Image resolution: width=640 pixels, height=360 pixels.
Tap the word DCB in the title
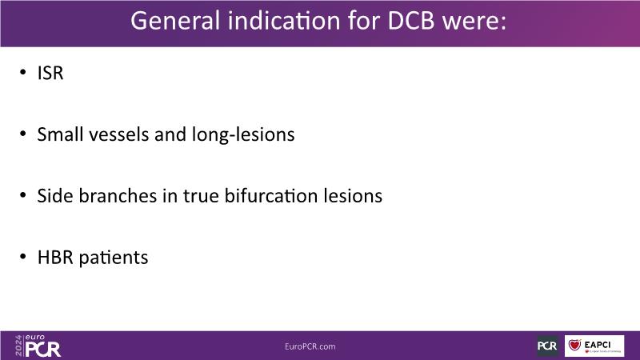pos(411,21)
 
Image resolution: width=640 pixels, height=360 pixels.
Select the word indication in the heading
pos(284,21)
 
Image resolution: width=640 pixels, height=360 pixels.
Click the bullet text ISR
pos(50,73)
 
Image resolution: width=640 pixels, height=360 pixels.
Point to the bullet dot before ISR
pos(23,72)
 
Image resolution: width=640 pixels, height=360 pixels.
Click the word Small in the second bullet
pos(61,134)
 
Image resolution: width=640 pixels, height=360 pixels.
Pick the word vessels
pos(118,134)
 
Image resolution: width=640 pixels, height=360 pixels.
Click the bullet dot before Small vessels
pos(23,134)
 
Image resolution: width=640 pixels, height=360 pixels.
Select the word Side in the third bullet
pos(55,196)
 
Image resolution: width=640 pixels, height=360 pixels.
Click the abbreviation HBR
pos(55,258)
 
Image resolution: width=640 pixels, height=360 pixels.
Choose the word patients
pos(114,258)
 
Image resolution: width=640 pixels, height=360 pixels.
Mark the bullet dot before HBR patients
pos(23,256)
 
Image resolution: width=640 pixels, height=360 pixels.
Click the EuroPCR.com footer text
pos(310,346)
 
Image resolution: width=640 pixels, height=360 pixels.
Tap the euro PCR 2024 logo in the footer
pos(38,346)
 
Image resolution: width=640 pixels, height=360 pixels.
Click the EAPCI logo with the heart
pos(594,346)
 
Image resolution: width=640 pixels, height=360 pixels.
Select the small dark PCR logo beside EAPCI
pos(547,346)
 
